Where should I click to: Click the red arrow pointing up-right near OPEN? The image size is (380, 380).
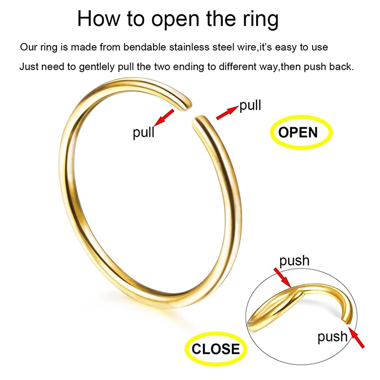pyautogui.click(x=227, y=113)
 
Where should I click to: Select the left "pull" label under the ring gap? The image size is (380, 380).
pyautogui.click(x=143, y=132)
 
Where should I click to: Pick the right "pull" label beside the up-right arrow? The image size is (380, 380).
pyautogui.click(x=250, y=105)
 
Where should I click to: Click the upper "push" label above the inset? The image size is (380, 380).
pyautogui.click(x=294, y=260)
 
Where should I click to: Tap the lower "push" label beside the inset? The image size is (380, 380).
pyautogui.click(x=332, y=336)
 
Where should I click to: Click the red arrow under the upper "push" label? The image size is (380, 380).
pyautogui.click(x=282, y=277)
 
